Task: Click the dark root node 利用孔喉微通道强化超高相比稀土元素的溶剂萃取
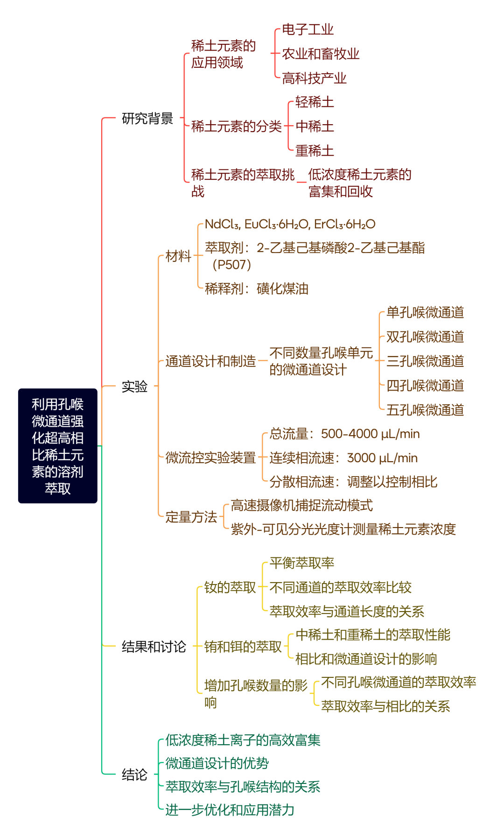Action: tap(58, 446)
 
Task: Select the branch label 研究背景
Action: tap(147, 119)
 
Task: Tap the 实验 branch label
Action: tap(134, 387)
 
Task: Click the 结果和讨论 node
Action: tap(154, 647)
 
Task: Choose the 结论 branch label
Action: tap(134, 775)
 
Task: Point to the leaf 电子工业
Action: tap(308, 30)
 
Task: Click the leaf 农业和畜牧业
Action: tap(321, 54)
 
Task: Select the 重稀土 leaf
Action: tap(315, 151)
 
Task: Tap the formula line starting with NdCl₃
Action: tap(290, 225)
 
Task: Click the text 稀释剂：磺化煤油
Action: tap(257, 289)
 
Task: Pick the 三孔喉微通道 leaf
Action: tap(425, 361)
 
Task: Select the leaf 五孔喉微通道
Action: tap(425, 410)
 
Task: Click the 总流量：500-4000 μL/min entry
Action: tap(344, 434)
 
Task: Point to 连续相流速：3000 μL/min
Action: tap(343, 458)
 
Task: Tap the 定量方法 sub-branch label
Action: tap(191, 517)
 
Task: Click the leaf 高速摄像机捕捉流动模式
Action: tap(301, 506)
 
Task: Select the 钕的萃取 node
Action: tap(230, 587)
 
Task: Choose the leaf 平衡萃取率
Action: tap(301, 563)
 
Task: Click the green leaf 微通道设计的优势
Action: tap(217, 763)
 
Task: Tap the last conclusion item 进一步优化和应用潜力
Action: tap(230, 810)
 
